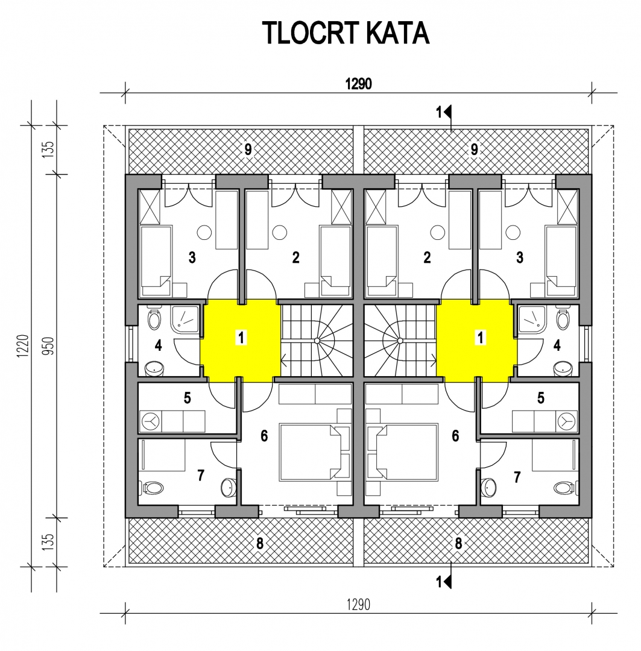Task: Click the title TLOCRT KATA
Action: point(345,33)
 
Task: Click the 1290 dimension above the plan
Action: point(359,84)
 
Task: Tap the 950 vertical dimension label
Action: point(49,346)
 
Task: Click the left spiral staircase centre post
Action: point(317,341)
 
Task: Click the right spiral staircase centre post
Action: point(400,341)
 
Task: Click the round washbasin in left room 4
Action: point(154,368)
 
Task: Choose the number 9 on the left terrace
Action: point(248,149)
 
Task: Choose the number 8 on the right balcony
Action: point(458,543)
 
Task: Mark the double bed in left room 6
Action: point(310,452)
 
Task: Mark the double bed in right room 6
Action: point(406,452)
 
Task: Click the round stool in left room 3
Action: point(204,233)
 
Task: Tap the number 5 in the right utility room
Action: point(540,398)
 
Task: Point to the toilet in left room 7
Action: point(153,488)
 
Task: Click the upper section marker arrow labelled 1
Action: point(448,112)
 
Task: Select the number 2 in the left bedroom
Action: point(295,257)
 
